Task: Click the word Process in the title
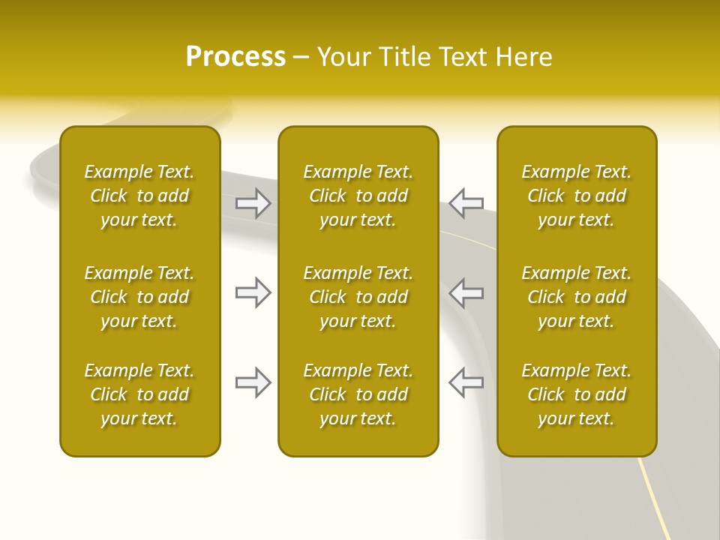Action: [235, 57]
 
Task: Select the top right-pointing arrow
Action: [253, 203]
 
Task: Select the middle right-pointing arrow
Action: [253, 292]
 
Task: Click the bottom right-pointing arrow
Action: [253, 382]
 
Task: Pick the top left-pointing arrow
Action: [466, 203]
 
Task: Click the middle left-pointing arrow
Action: [466, 292]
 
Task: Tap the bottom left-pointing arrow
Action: [466, 382]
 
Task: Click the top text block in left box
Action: [139, 196]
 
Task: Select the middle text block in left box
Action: [139, 297]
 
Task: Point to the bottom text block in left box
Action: [139, 394]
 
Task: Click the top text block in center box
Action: [358, 196]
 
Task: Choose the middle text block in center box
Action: [358, 297]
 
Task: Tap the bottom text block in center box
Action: [358, 394]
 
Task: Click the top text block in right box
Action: [576, 196]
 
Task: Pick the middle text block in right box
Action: [576, 297]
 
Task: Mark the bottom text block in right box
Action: [576, 394]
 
